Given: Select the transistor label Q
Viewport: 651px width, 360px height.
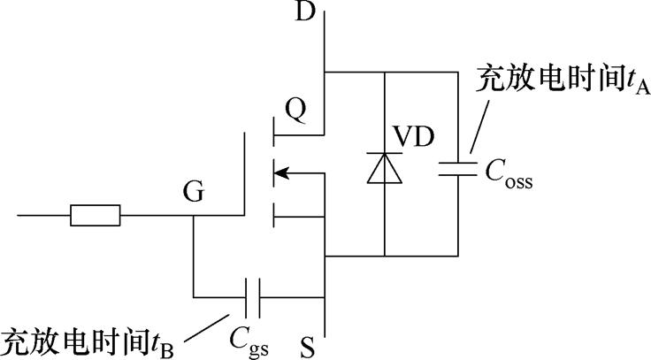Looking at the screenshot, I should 296,109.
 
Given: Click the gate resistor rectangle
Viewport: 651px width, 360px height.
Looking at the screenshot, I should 95,215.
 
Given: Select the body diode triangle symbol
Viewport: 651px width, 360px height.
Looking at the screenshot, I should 384,168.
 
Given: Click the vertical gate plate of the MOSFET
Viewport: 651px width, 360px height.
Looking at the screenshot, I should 244,173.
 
